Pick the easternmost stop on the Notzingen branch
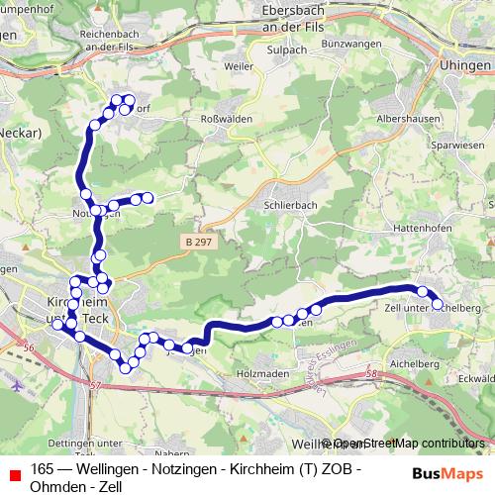[x=148, y=198]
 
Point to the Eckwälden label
[x=477, y=377]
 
